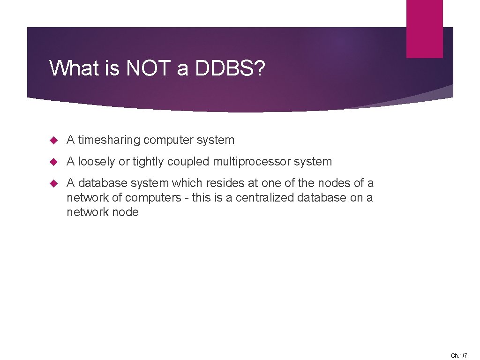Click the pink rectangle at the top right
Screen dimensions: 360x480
coord(424,28)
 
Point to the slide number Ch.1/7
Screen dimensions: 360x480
coord(459,356)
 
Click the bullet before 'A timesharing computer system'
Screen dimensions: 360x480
coord(53,140)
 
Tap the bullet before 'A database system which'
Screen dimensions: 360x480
coord(53,183)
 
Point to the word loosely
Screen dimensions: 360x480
coord(97,162)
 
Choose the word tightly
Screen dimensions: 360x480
coord(149,162)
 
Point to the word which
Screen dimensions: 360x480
coord(187,183)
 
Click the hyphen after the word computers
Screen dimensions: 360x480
coord(187,197)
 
